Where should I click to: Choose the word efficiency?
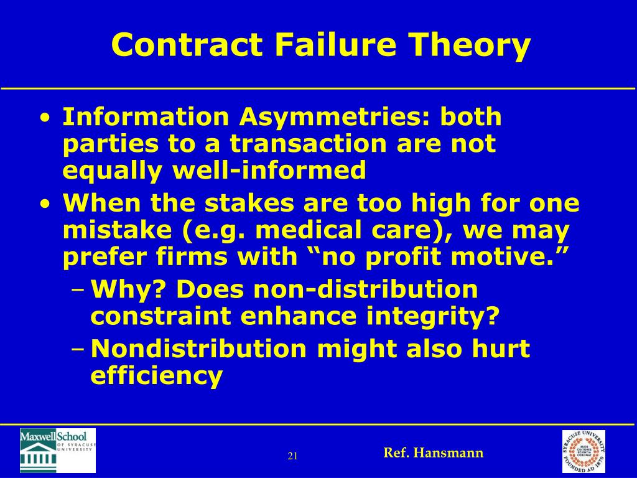click(156, 376)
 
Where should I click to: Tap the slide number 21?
click(293, 456)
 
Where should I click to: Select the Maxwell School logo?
click(58, 450)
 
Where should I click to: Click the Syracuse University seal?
click(583, 451)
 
